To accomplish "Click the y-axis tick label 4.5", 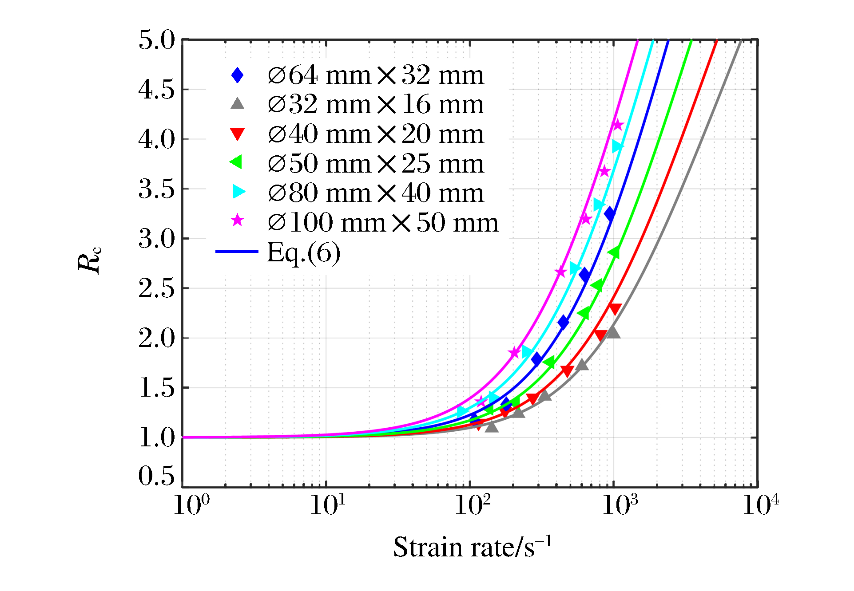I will [156, 90].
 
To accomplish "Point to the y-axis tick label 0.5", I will [156, 476].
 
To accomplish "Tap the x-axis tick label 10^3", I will [620, 504].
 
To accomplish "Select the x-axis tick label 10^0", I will [191, 504].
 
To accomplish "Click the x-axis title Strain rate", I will [473, 547].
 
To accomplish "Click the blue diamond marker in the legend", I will [238, 75].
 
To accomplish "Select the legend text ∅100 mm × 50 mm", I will [383, 222].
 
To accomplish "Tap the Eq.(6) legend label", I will [304, 252].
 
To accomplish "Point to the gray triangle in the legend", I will [238, 104].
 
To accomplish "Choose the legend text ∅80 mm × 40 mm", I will [376, 193].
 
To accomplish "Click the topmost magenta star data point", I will [617, 125].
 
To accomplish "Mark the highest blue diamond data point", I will [610, 214].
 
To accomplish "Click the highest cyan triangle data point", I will [617, 146].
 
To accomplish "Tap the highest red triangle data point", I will [615, 309].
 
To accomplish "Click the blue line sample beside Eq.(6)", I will [237, 252].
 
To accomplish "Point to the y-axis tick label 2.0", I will [156, 339].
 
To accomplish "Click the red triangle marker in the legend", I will [238, 134].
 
